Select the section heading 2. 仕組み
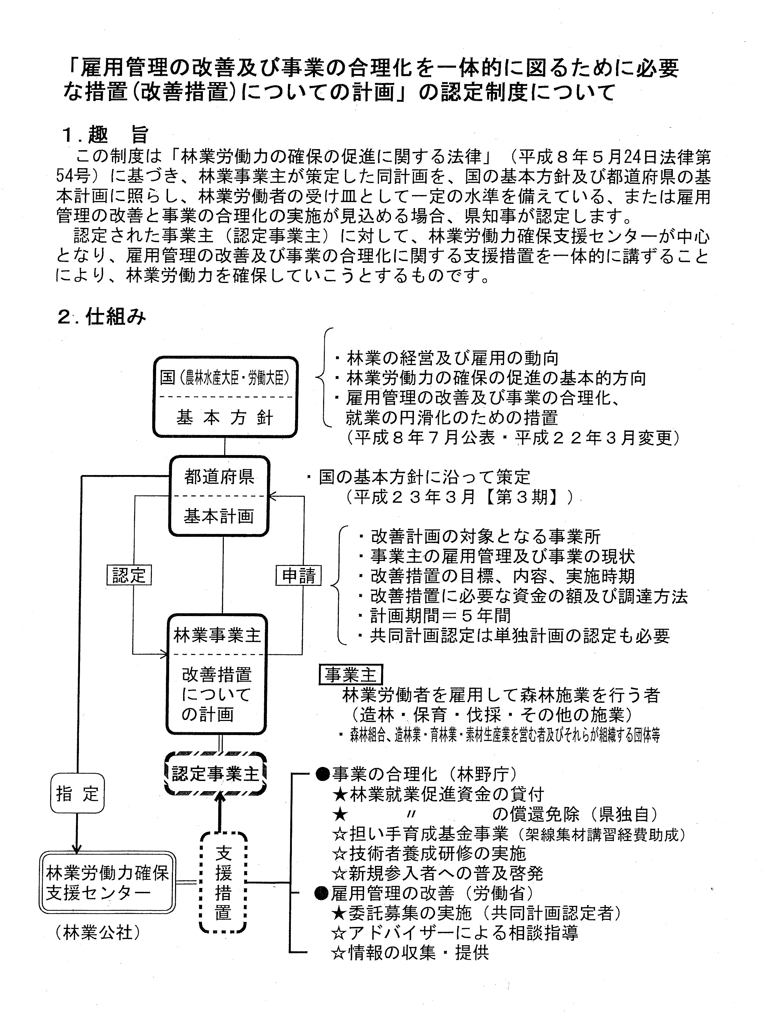(x=102, y=317)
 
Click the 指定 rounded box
(x=77, y=793)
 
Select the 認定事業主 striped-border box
(x=216, y=773)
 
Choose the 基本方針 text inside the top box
(x=225, y=418)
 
